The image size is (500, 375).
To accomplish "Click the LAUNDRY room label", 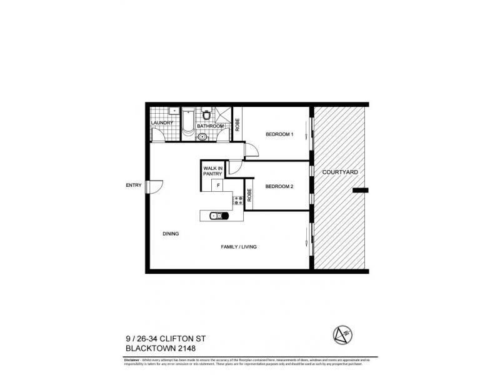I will pyautogui.click(x=162, y=122).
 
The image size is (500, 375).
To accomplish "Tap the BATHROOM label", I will pyautogui.click(x=211, y=126).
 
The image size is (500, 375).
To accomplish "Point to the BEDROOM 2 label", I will pyautogui.click(x=279, y=186).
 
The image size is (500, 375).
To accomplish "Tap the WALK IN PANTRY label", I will pyautogui.click(x=211, y=171).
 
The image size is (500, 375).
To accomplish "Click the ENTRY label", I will pyautogui.click(x=134, y=185).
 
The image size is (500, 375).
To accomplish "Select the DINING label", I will pyautogui.click(x=171, y=234).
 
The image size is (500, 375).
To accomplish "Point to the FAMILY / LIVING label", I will pyautogui.click(x=239, y=247).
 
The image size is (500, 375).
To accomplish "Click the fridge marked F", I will pyautogui.click(x=218, y=186).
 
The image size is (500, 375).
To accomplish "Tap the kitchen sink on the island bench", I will pyautogui.click(x=215, y=216).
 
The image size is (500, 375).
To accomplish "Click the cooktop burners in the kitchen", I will pyautogui.click(x=237, y=201).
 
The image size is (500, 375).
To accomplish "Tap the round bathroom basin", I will pyautogui.click(x=202, y=134).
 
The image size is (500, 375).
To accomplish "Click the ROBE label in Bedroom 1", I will pyautogui.click(x=237, y=124).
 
